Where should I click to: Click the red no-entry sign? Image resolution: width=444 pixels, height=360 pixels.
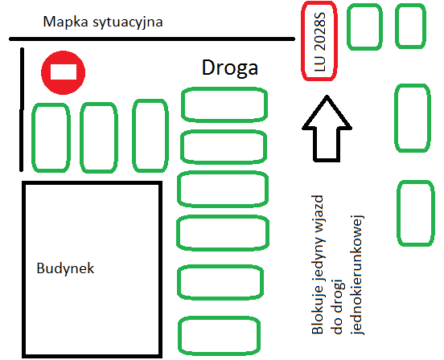click(64, 72)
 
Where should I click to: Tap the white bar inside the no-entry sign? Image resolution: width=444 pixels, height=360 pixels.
click(64, 72)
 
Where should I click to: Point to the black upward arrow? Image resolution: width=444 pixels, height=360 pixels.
click(327, 129)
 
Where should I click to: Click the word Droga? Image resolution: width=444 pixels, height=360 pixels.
click(230, 67)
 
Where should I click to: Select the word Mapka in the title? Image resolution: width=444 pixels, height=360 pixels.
click(65, 22)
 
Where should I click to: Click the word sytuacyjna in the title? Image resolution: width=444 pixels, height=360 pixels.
click(128, 22)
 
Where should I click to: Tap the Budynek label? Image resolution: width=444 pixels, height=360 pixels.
click(65, 268)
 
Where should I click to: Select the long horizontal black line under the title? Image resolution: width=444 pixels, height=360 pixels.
click(152, 39)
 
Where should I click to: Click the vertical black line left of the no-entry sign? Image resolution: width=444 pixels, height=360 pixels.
click(22, 110)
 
